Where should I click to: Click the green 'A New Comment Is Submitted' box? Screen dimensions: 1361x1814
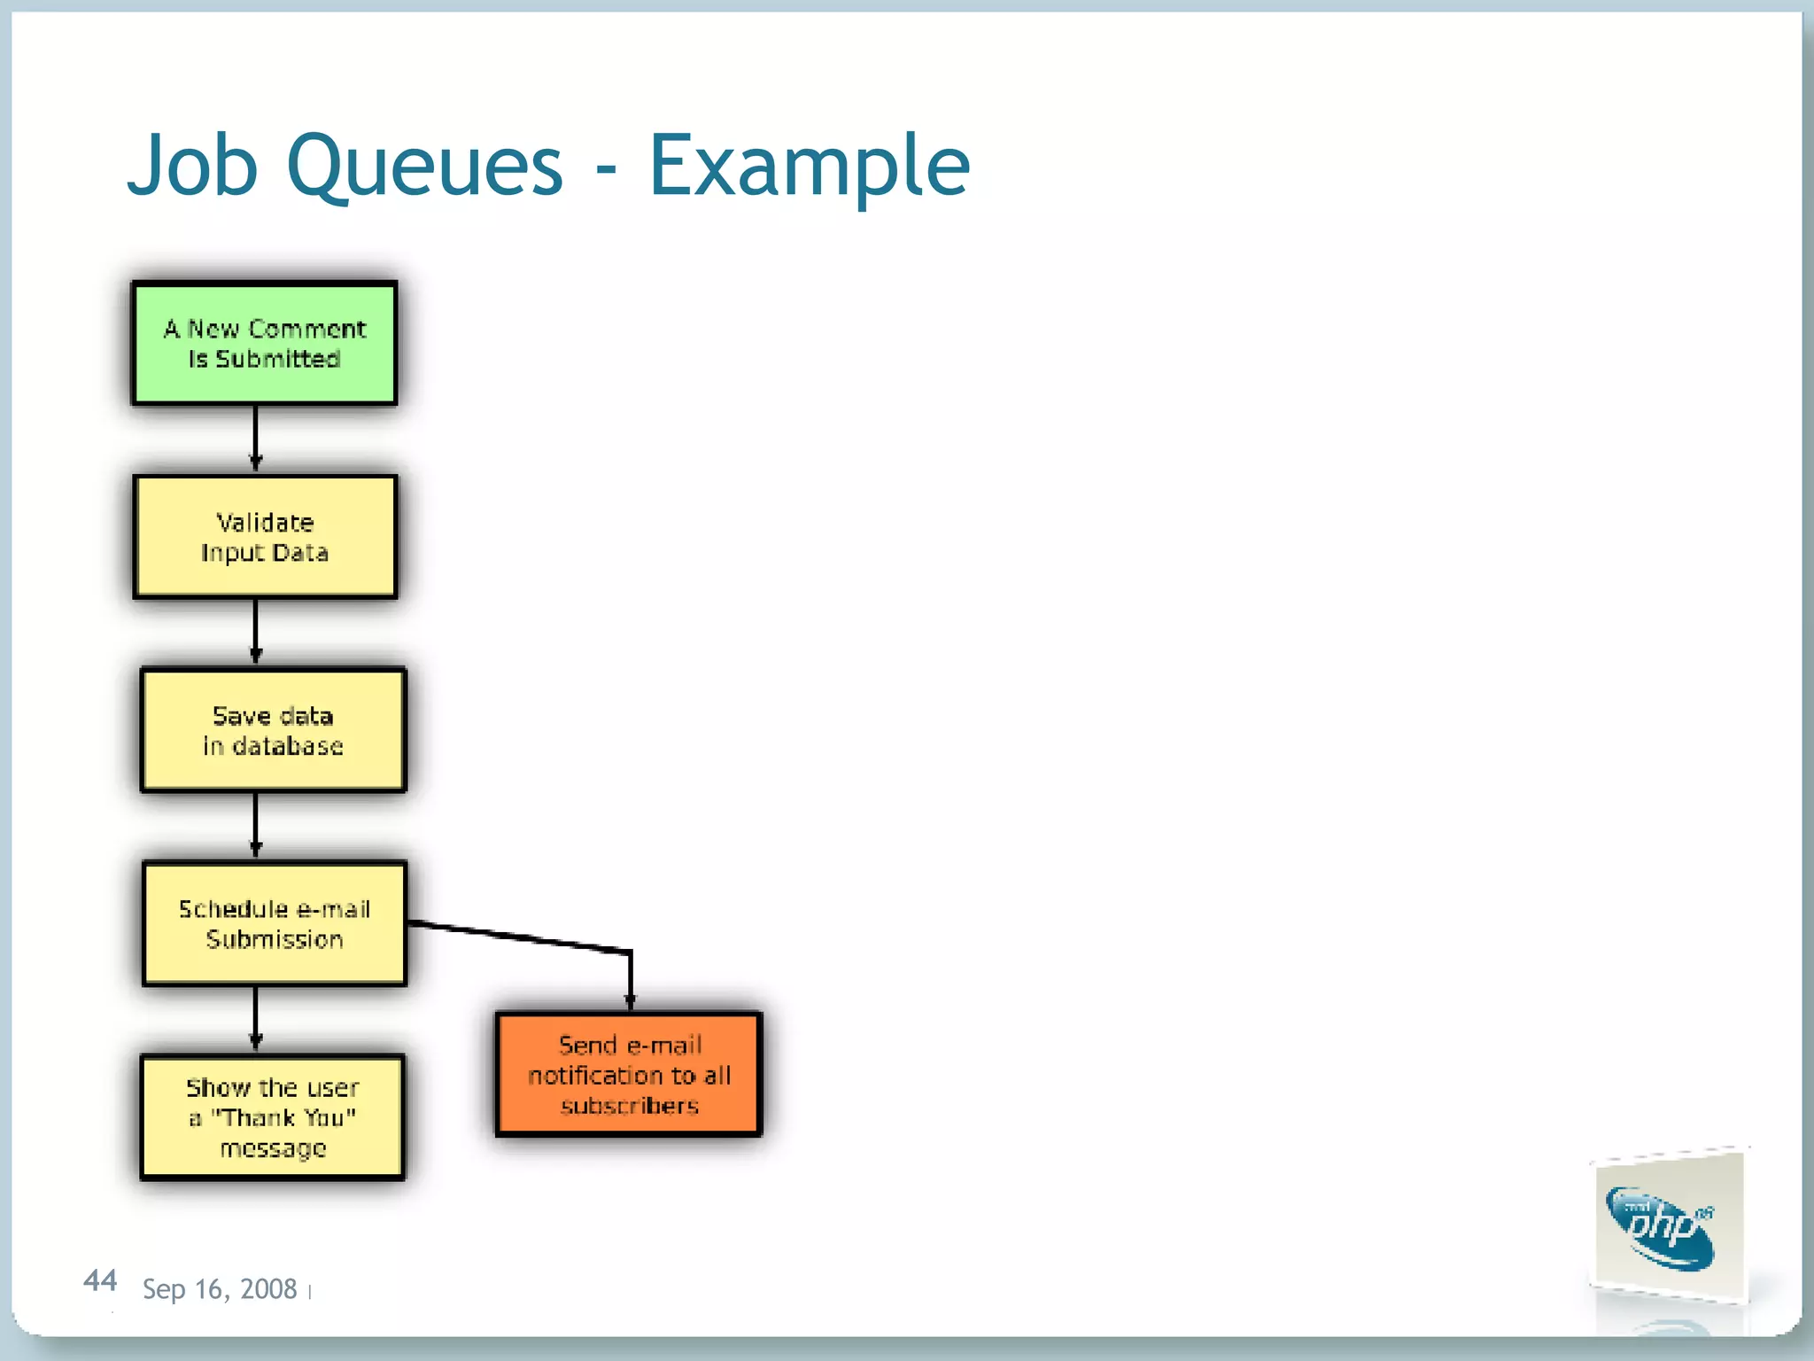click(x=264, y=344)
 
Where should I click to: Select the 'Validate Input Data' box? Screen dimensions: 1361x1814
click(x=265, y=537)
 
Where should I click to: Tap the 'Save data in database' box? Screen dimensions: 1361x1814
click(x=273, y=730)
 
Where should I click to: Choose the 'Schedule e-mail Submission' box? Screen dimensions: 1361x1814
click(x=275, y=923)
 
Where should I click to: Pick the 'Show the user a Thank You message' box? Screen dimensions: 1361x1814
click(x=272, y=1117)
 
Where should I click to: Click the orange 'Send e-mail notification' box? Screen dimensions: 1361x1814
click(x=629, y=1074)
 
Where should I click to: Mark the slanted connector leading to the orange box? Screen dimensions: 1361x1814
click(x=523, y=937)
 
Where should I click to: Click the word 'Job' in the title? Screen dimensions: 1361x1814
click(x=192, y=166)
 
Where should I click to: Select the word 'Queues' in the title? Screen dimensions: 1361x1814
click(x=424, y=166)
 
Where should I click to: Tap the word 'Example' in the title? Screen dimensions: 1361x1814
click(x=809, y=166)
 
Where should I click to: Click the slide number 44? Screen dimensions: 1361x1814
click(x=100, y=1280)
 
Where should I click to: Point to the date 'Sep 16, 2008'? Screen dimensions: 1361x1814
click(x=220, y=1289)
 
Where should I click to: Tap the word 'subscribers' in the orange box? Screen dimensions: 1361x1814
click(x=630, y=1106)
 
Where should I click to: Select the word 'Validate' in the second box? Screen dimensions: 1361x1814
click(x=265, y=522)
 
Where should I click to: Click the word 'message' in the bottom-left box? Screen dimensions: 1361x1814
click(x=273, y=1148)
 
